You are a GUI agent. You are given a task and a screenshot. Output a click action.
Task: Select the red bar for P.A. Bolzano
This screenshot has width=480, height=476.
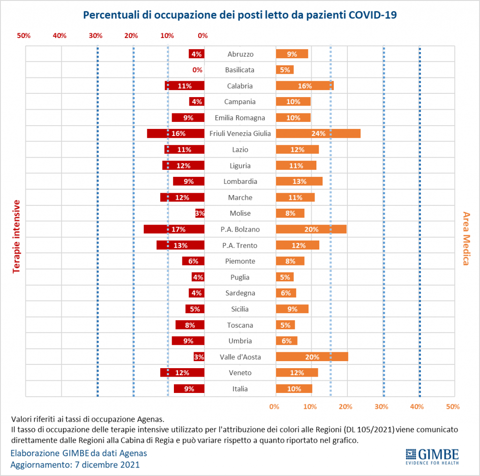click(x=174, y=229)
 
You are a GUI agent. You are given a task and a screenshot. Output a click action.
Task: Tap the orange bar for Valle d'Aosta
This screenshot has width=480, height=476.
click(x=312, y=357)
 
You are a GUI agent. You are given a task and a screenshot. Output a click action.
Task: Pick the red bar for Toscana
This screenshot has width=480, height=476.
click(x=190, y=325)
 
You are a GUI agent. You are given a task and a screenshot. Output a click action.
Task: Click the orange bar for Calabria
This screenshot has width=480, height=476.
click(x=305, y=86)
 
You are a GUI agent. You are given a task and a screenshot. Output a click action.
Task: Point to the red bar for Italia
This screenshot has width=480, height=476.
click(x=189, y=389)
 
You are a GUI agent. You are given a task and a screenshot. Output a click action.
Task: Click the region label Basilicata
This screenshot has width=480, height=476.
click(x=240, y=70)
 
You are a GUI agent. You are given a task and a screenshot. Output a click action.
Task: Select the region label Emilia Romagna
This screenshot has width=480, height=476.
click(x=240, y=118)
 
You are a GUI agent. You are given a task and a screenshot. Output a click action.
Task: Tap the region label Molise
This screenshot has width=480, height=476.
click(x=240, y=213)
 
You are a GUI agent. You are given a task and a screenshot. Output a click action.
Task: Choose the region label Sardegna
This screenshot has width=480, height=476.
click(x=240, y=293)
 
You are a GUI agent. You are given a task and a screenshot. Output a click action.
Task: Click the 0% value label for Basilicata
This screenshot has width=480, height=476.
click(x=197, y=70)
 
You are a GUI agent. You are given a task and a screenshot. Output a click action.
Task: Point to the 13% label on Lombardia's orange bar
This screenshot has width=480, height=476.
click(x=299, y=181)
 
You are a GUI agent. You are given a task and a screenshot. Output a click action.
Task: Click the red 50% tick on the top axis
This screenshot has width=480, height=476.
click(x=23, y=36)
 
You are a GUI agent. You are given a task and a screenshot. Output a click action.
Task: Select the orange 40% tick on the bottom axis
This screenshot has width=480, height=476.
click(x=417, y=407)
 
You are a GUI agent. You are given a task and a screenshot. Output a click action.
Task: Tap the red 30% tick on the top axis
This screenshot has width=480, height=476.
click(x=96, y=36)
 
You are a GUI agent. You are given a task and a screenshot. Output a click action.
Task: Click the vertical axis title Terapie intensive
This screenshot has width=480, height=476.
click(x=17, y=236)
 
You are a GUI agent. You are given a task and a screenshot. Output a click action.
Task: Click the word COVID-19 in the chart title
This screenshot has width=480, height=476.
click(x=373, y=15)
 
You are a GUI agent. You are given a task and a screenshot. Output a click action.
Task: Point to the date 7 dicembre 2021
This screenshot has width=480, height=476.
click(x=107, y=465)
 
